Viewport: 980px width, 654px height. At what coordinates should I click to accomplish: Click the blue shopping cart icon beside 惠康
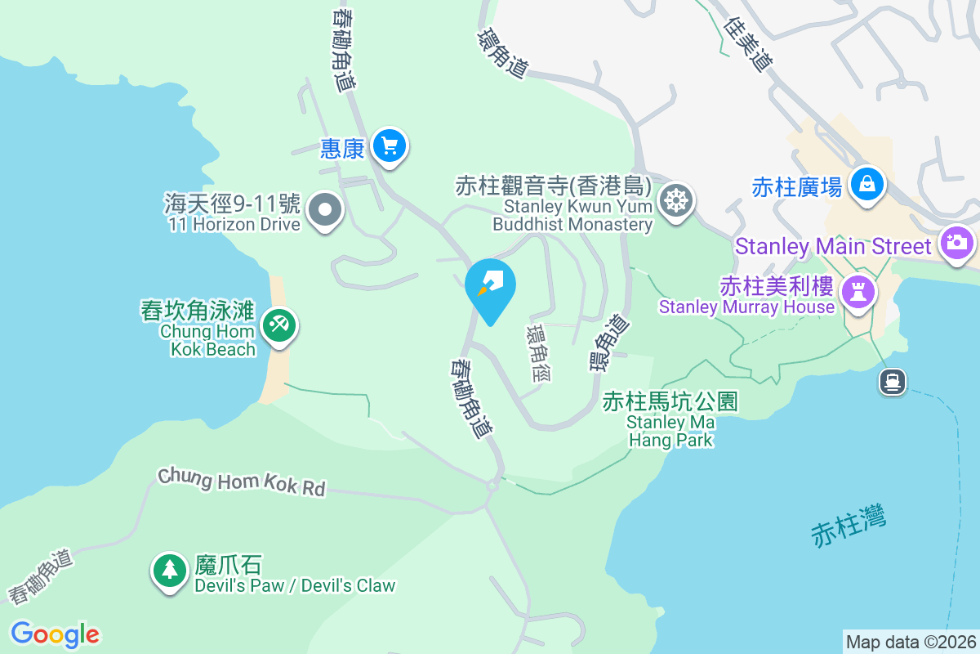coord(390,146)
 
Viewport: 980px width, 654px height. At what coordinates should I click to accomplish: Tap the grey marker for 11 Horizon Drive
coord(326,210)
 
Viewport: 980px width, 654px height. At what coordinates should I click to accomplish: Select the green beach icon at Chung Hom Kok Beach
coord(278,326)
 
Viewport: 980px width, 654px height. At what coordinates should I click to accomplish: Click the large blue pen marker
coord(490,286)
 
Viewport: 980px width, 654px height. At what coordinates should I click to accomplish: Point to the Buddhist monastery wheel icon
coord(677,199)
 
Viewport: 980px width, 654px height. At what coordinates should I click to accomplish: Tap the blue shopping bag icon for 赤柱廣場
coord(865,182)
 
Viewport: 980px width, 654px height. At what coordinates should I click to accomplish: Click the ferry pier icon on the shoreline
coord(891,381)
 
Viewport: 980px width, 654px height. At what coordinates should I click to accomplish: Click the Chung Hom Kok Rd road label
coord(242,482)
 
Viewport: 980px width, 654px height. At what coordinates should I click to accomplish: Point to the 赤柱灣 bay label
coord(849,526)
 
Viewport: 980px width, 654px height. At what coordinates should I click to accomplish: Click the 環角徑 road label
coord(539,353)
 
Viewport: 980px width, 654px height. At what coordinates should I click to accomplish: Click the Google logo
coord(55,634)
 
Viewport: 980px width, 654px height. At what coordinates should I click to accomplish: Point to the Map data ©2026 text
coord(911,642)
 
